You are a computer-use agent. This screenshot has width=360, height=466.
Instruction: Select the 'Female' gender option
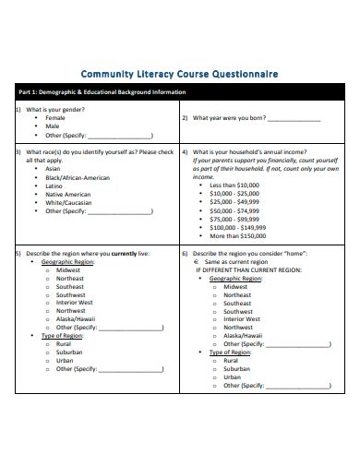pyautogui.click(x=56, y=118)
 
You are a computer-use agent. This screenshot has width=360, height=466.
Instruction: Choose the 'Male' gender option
pyautogui.click(x=53, y=126)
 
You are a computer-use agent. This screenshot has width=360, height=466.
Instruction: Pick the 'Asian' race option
pyautogui.click(x=54, y=169)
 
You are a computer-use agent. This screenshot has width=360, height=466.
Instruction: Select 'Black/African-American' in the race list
pyautogui.click(x=77, y=177)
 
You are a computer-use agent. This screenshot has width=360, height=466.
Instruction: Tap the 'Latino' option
pyautogui.click(x=54, y=185)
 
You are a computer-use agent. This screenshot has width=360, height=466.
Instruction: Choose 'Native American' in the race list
pyautogui.click(x=67, y=194)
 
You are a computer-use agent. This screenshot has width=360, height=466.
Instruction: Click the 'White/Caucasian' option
pyautogui.click(x=70, y=202)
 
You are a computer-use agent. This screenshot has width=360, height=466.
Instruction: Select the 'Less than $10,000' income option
pyautogui.click(x=235, y=185)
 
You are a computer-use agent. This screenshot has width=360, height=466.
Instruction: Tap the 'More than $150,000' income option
pyautogui.click(x=238, y=235)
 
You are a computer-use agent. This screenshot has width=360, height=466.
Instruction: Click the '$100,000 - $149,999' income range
pyautogui.click(x=238, y=227)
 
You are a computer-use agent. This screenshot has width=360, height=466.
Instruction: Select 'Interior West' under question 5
pyautogui.click(x=75, y=302)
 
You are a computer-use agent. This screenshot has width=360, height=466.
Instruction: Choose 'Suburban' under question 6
pyautogui.click(x=236, y=368)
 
